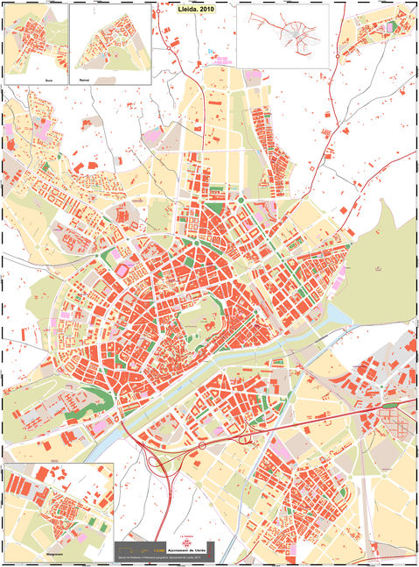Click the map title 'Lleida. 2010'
(195, 8)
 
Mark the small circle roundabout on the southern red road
(202, 445)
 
